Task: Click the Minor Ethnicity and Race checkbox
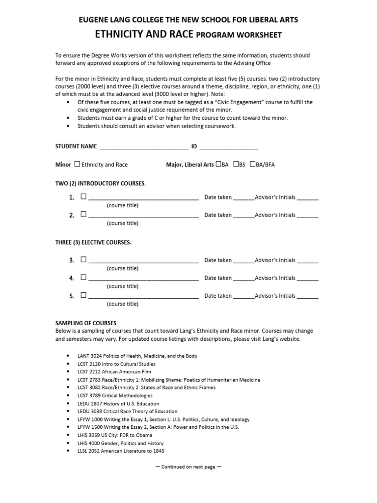[x=77, y=164]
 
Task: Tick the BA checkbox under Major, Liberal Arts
[x=218, y=164]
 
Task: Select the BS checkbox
[x=236, y=164]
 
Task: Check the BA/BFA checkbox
[x=253, y=164]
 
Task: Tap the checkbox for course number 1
[x=83, y=196]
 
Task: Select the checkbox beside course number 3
[x=83, y=260]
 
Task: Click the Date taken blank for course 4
[x=243, y=279]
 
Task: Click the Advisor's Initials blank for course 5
[x=308, y=297]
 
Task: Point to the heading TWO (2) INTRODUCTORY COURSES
[x=100, y=183]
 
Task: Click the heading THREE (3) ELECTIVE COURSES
[x=93, y=242]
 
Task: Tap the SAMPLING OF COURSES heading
[x=86, y=323]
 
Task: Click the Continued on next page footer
[x=188, y=467]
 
